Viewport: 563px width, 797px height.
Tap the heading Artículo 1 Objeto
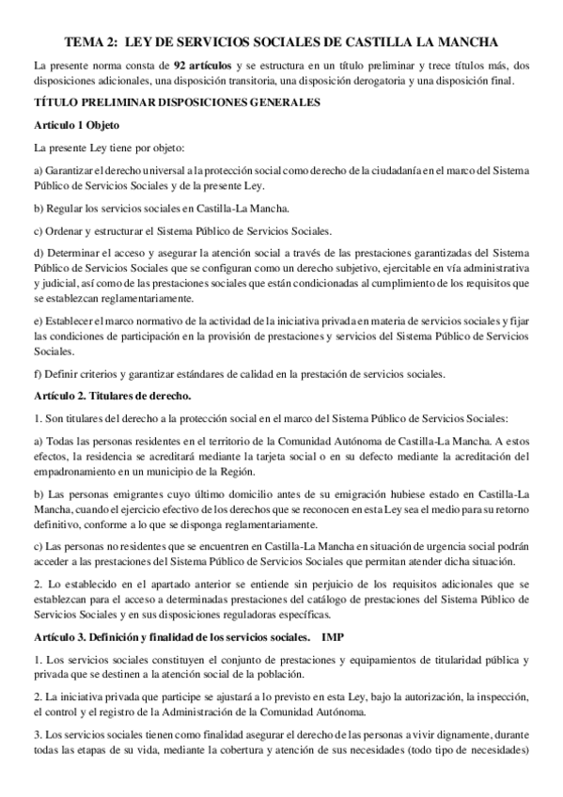pos(75,125)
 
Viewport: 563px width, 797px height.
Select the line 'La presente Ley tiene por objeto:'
pos(109,148)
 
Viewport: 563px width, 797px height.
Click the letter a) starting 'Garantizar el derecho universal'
pos(38,170)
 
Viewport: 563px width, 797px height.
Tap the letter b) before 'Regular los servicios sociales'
pos(38,208)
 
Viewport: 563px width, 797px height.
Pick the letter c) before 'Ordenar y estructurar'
pos(38,231)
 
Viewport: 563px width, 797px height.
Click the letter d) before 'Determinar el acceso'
pos(38,254)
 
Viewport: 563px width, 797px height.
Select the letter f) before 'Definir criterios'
pos(37,374)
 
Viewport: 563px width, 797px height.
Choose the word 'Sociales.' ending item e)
pos(55,352)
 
